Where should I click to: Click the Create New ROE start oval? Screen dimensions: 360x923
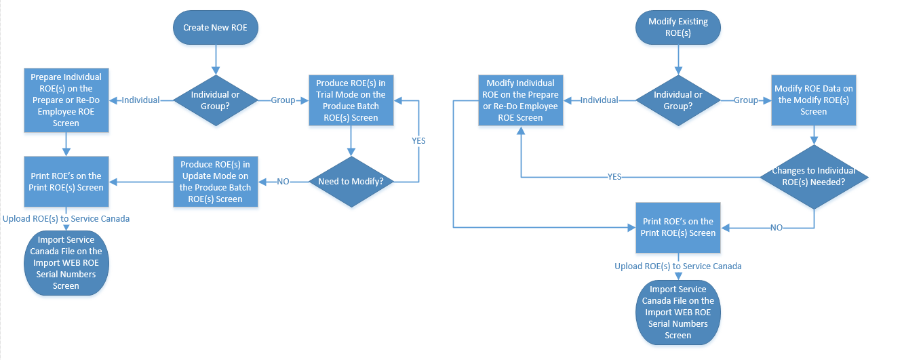216,28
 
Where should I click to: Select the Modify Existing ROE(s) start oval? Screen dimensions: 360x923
677,28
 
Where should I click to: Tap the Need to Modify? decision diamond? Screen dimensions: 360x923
351,182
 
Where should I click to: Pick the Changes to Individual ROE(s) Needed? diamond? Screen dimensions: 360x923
813,176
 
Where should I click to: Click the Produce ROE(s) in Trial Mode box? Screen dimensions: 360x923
351,100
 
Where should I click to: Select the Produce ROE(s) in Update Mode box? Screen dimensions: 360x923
215,182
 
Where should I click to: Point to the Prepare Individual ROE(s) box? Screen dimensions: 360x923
66,100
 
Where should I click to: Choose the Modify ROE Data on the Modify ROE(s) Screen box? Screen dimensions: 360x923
813,100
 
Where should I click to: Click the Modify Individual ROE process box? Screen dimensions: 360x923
520,100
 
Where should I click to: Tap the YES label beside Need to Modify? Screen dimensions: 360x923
418,141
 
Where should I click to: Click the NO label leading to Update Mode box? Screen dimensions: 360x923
283,182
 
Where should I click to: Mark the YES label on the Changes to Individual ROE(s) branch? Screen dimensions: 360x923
614,177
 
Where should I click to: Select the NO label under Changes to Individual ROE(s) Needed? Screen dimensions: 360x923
776,228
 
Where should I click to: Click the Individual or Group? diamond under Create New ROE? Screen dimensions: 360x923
216,100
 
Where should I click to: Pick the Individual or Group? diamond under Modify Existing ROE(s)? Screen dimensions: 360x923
677,100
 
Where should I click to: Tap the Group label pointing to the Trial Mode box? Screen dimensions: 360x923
283,100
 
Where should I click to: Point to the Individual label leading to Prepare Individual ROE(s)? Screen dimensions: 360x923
140,100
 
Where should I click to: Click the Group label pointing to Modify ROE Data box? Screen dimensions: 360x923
745,100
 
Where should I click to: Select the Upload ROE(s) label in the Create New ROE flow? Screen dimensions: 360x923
66,219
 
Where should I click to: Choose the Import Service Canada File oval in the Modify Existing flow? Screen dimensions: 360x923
677,313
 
